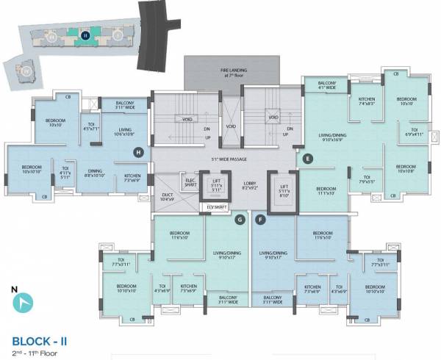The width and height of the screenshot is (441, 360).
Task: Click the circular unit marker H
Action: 137,152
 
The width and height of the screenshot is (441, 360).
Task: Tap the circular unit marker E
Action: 309,156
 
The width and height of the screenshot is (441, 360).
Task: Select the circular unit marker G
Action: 240,219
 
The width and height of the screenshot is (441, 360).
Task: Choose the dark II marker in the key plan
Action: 85,35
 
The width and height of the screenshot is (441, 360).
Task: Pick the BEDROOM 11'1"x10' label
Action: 326,192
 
